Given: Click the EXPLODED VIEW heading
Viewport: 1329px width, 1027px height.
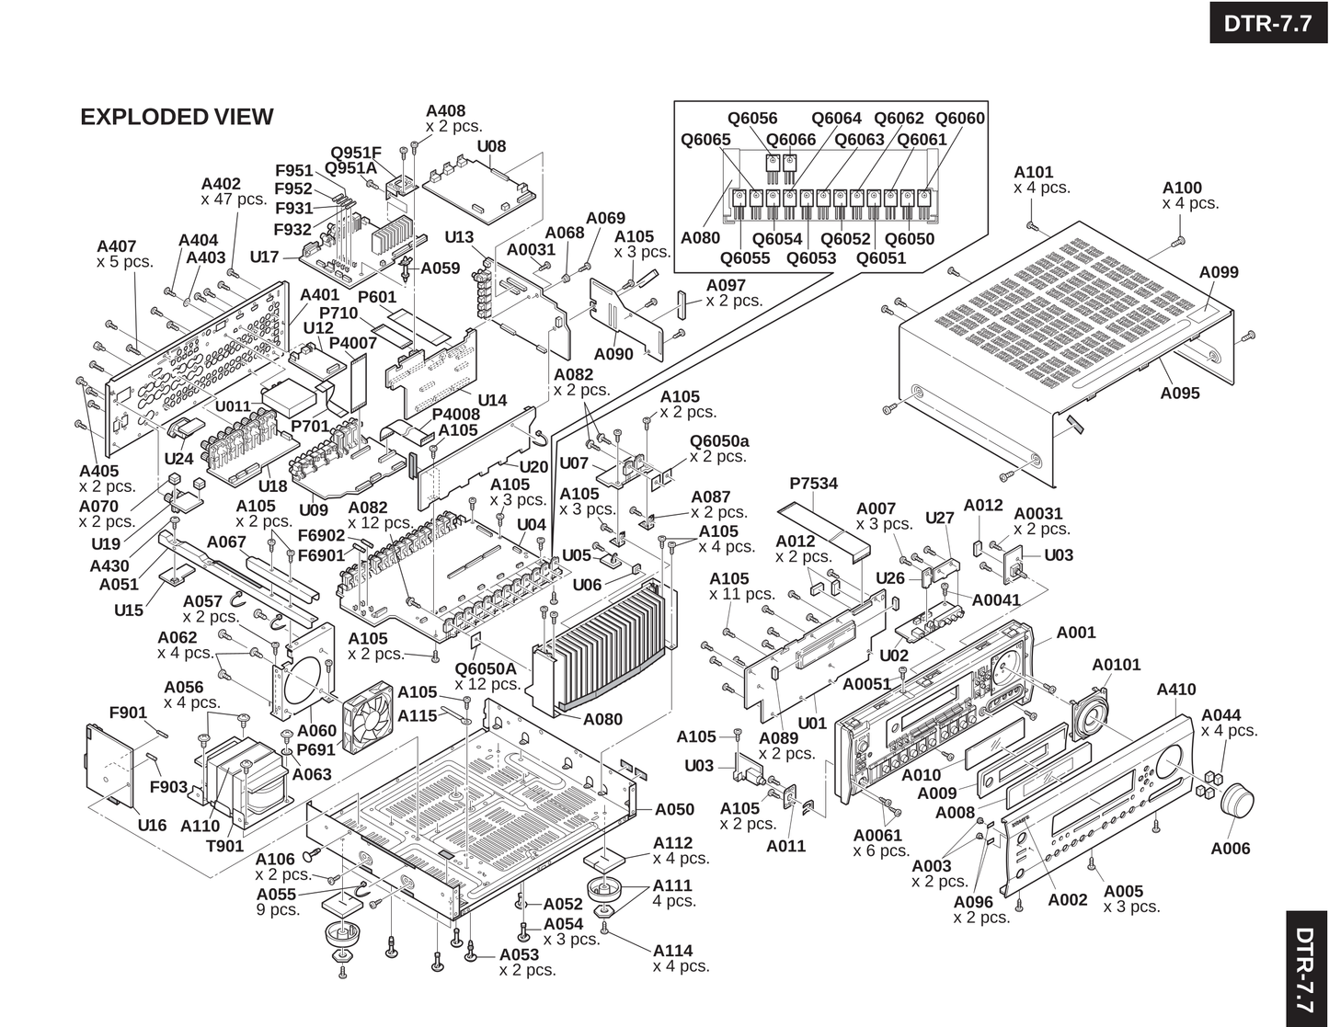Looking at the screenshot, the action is (177, 117).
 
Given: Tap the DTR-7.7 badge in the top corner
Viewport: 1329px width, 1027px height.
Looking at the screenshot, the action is (1268, 23).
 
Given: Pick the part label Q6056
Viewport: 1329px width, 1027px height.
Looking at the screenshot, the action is (751, 118).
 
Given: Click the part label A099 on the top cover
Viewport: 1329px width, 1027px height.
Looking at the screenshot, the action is (1219, 272).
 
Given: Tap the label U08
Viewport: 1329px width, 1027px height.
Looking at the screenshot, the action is (491, 146).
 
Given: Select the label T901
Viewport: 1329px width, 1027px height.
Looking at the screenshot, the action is (224, 846).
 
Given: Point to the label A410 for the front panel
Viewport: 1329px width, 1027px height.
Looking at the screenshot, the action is (1175, 690).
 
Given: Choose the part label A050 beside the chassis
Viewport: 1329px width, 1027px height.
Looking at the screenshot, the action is (674, 809).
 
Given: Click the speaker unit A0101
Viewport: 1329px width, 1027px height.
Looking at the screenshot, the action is (1089, 714).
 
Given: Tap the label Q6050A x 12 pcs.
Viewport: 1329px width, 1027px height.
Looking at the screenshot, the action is (487, 676).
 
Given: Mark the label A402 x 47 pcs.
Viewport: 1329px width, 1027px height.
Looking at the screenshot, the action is (234, 191).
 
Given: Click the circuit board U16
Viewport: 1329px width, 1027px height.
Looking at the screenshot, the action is (109, 765).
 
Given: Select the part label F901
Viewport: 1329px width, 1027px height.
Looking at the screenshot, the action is (128, 713).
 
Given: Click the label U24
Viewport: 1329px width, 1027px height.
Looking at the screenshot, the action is (178, 459).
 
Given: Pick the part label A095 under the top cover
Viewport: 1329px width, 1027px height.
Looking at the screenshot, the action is (1180, 394).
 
